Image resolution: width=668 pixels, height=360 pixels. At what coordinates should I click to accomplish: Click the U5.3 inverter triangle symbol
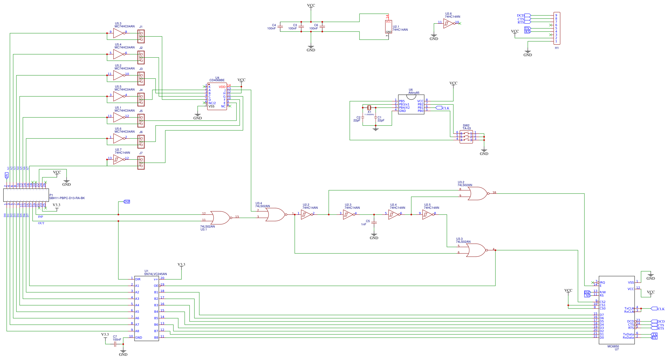[118, 33]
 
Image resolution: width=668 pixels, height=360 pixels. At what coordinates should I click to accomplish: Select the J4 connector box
[141, 99]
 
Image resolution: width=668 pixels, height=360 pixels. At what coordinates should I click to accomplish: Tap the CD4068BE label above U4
[217, 80]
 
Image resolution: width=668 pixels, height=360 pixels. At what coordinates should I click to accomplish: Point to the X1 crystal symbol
[369, 107]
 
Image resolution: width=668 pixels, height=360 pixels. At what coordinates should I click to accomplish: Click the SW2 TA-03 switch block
[466, 137]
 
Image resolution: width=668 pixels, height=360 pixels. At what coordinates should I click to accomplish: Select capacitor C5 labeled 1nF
[374, 223]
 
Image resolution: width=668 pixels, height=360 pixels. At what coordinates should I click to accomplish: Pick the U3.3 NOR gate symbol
[476, 250]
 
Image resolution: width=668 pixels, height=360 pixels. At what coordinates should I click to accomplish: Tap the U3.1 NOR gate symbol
[220, 218]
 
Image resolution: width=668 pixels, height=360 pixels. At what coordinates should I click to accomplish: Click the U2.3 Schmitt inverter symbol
[348, 214]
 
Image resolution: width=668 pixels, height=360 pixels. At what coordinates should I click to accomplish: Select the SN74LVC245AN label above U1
[156, 274]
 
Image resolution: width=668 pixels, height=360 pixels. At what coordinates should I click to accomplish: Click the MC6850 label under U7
[613, 346]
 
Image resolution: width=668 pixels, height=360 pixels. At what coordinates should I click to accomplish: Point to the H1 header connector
[557, 28]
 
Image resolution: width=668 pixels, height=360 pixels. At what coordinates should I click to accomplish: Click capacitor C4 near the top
[280, 27]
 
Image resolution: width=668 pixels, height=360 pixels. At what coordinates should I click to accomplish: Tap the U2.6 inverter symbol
[448, 23]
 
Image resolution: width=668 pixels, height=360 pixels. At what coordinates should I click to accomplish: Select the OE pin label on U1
[156, 286]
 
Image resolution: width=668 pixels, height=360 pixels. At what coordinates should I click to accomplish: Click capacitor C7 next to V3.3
[115, 344]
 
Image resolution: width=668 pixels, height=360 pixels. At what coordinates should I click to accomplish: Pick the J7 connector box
[141, 163]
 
